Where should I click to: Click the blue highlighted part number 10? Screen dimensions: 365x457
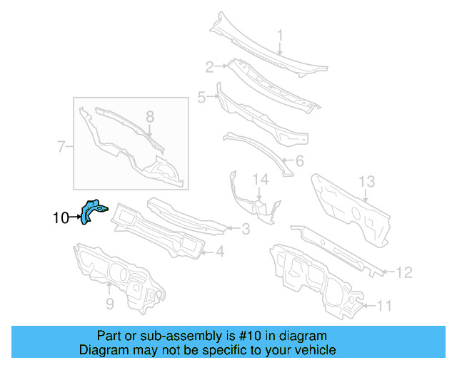(x=93, y=211)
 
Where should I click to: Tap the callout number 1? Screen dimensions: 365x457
(x=280, y=35)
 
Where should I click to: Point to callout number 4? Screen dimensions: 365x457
(x=202, y=97)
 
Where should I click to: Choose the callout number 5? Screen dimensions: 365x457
(x=298, y=162)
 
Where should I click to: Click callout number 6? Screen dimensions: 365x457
(x=61, y=148)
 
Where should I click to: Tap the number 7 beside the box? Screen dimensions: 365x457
(x=150, y=116)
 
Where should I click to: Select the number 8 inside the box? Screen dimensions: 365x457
(x=109, y=305)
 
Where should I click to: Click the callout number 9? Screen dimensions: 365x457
(x=60, y=218)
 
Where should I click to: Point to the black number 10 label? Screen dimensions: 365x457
(x=384, y=307)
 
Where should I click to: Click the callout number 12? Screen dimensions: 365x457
(x=366, y=182)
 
